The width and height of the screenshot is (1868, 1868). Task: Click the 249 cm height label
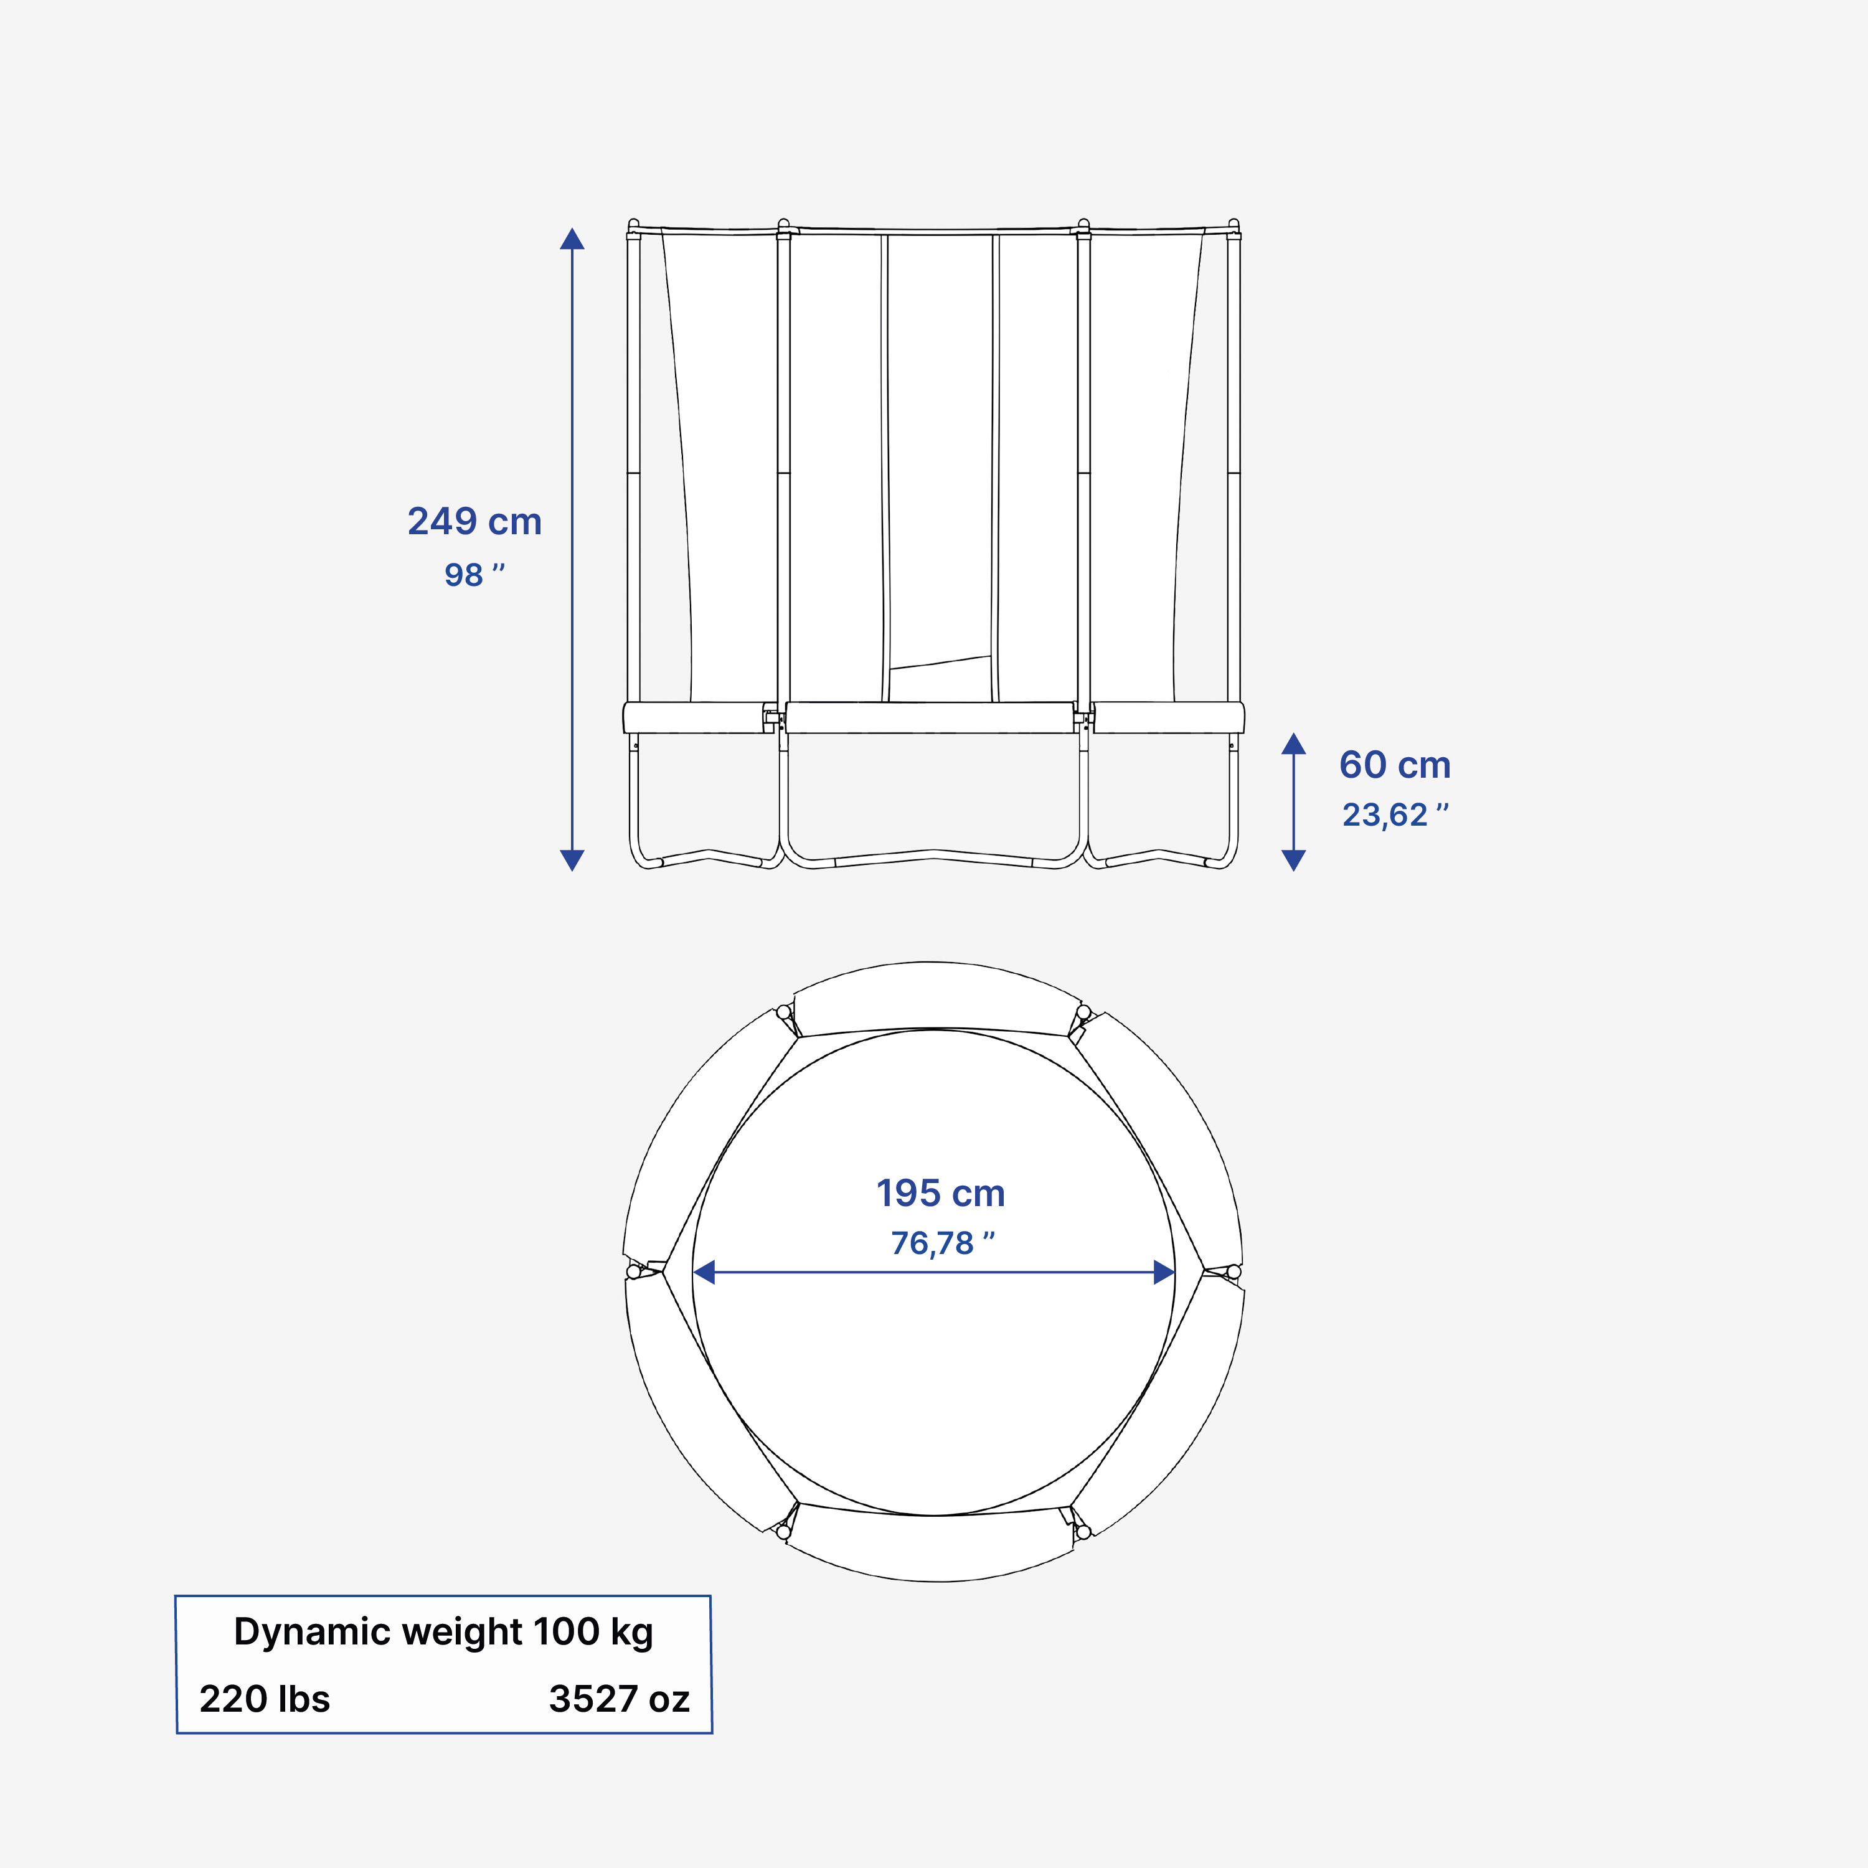pos(474,522)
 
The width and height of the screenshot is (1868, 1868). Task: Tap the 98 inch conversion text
pos(474,574)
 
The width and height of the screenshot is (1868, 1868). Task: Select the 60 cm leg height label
pos(1394,765)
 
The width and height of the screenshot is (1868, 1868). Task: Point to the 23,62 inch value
pos(1394,815)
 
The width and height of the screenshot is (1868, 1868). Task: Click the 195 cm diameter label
pos(940,1193)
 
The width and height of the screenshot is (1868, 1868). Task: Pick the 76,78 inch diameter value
pos(941,1243)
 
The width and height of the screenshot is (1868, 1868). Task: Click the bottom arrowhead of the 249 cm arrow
pos(572,859)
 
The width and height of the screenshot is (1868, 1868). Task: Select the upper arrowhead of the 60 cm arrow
pos(1294,743)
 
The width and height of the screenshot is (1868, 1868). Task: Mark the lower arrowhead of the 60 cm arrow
pos(1294,859)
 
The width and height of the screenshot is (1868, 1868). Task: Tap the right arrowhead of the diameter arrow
pos(1164,1272)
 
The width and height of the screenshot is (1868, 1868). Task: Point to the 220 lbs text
pos(265,1699)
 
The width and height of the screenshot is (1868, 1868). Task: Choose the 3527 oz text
pos(619,1699)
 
